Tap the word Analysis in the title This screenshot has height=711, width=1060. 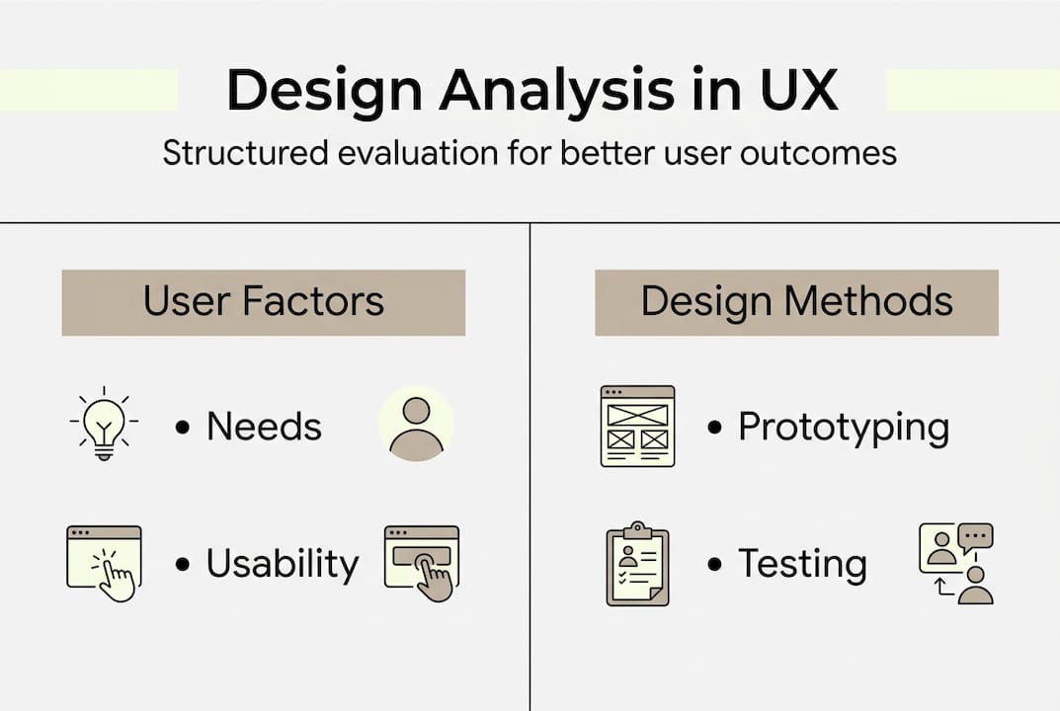tap(557, 91)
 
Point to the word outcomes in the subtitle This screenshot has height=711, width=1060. tap(818, 153)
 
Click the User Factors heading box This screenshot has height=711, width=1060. tap(264, 303)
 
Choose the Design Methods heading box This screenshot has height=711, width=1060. tap(796, 303)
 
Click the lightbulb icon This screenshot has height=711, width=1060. tap(104, 424)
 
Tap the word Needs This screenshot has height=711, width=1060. tap(264, 427)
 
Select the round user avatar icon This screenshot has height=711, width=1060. tap(416, 424)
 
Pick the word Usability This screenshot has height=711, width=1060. tap(283, 564)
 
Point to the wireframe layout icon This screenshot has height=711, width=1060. tap(637, 426)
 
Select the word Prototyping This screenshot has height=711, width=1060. tap(844, 428)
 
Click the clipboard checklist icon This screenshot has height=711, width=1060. tap(637, 564)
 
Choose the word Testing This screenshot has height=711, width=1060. tap(802, 564)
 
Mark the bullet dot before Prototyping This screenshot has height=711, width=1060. tap(714, 428)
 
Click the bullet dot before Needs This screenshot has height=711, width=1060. tap(182, 428)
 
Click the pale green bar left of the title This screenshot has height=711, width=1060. tap(89, 90)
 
